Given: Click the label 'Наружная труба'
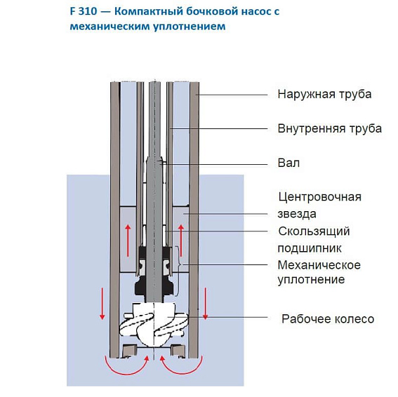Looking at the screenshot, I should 324,94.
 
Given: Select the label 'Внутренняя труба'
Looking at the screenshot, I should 329,128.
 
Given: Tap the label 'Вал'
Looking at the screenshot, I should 288,163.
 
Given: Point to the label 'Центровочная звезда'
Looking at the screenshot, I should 319,205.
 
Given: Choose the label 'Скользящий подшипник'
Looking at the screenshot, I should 314,239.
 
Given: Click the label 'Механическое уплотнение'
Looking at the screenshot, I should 319,272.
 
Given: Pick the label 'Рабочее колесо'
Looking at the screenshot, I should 327,319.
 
